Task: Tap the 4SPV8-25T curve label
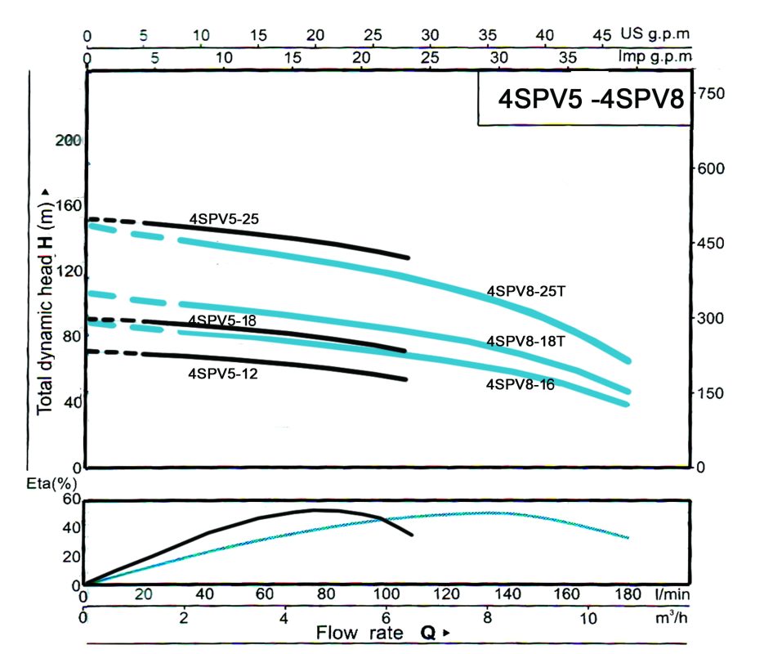(526, 291)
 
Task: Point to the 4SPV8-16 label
(521, 384)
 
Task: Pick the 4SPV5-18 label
(221, 321)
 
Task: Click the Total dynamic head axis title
(46, 299)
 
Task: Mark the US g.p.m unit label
(655, 35)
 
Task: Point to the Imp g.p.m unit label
(655, 57)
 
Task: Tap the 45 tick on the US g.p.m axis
(601, 36)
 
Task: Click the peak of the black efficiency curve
(315, 510)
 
